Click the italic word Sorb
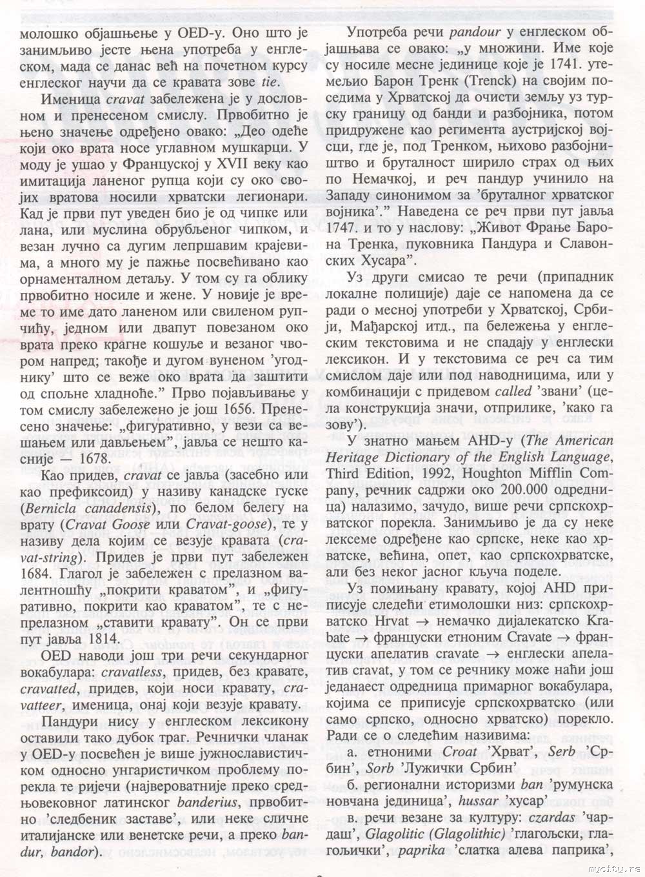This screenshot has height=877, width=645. point(380,768)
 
